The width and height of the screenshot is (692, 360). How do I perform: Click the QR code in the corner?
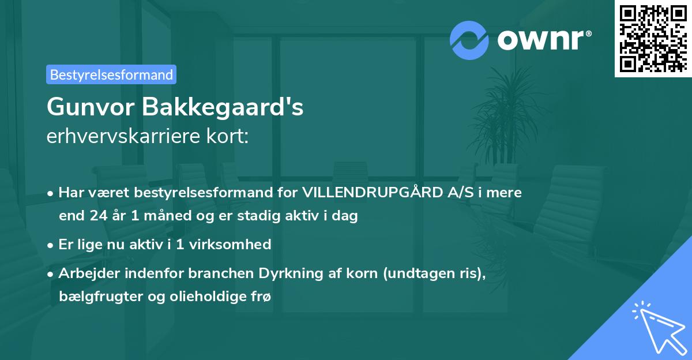click(x=653, y=38)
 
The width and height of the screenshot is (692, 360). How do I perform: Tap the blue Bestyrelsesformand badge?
click(x=111, y=74)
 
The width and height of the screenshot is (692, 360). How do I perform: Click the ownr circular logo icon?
click(x=469, y=40)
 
